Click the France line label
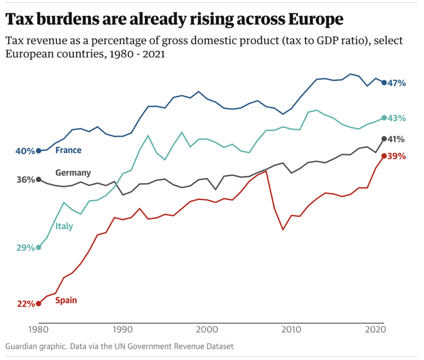(x=68, y=150)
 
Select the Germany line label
(x=73, y=173)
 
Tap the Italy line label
(x=64, y=226)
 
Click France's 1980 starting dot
(x=39, y=151)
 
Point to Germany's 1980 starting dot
(x=39, y=179)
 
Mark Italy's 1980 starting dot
(x=39, y=247)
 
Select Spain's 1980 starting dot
(x=39, y=303)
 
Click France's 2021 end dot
(x=384, y=83)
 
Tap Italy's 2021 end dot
(x=384, y=118)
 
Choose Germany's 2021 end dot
(x=384, y=139)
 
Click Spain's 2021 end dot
(x=384, y=156)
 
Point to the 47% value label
(x=397, y=83)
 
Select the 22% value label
(x=26, y=304)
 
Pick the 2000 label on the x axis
(x=207, y=331)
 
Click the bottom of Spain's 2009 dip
(x=283, y=230)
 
